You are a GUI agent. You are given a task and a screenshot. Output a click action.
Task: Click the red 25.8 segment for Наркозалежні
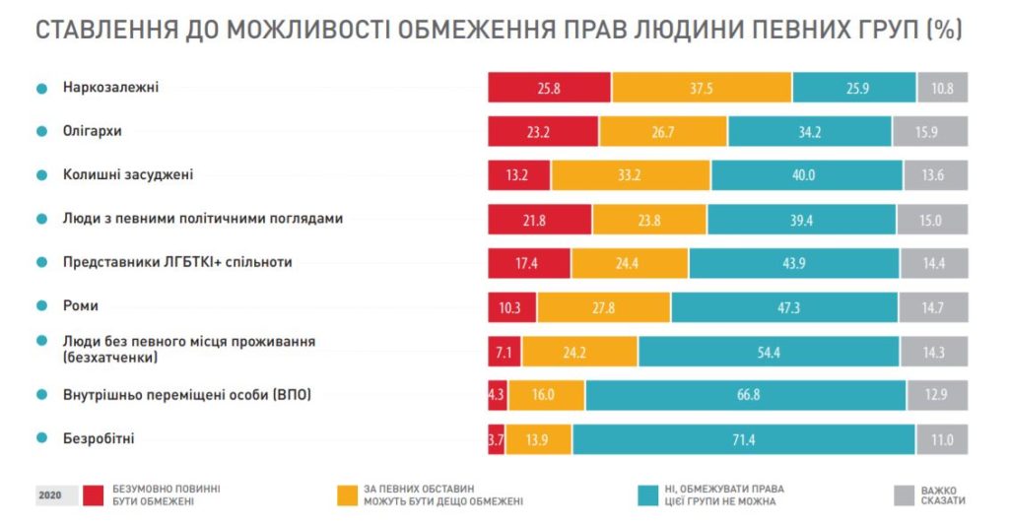(549, 88)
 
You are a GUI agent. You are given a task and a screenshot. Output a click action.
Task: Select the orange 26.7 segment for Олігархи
(662, 131)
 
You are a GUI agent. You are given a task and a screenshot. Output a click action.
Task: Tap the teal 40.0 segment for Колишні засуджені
(807, 175)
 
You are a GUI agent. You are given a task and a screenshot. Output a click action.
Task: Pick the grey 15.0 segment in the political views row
(931, 220)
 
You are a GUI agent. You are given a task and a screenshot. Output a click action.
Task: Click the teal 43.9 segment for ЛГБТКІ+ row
(794, 263)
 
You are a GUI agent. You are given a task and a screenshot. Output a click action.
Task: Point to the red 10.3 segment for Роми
(511, 307)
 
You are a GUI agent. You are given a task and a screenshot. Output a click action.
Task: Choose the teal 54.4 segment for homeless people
(769, 351)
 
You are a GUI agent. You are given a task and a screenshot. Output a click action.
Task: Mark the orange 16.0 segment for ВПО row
(547, 395)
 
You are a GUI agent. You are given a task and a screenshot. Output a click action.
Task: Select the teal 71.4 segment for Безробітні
(744, 439)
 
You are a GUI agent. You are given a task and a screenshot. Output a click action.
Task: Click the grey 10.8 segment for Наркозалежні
(942, 88)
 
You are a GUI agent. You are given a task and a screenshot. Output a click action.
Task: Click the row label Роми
(81, 305)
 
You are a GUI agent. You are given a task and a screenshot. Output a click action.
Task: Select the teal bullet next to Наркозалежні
(42, 88)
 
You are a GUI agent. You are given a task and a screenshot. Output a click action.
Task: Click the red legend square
(95, 495)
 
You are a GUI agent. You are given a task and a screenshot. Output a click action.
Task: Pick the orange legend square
(346, 495)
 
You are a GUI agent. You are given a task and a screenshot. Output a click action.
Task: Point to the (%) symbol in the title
(943, 30)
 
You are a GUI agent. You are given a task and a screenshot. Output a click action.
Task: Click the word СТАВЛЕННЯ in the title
(105, 30)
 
